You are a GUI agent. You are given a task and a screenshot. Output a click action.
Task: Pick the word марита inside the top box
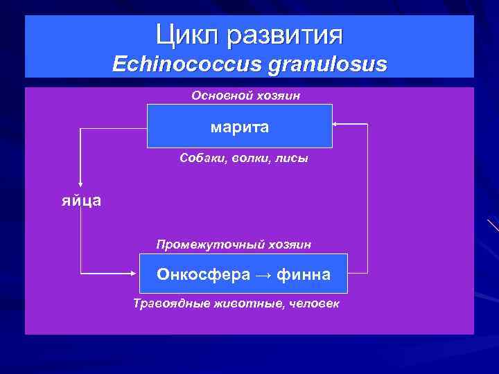point(240,127)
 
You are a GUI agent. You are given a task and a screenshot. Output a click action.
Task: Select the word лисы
point(293,158)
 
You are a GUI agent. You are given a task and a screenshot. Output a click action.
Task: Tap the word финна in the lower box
point(304,275)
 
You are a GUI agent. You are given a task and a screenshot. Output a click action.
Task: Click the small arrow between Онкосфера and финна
point(263,276)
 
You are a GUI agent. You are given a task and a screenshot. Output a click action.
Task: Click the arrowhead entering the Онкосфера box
point(137,271)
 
